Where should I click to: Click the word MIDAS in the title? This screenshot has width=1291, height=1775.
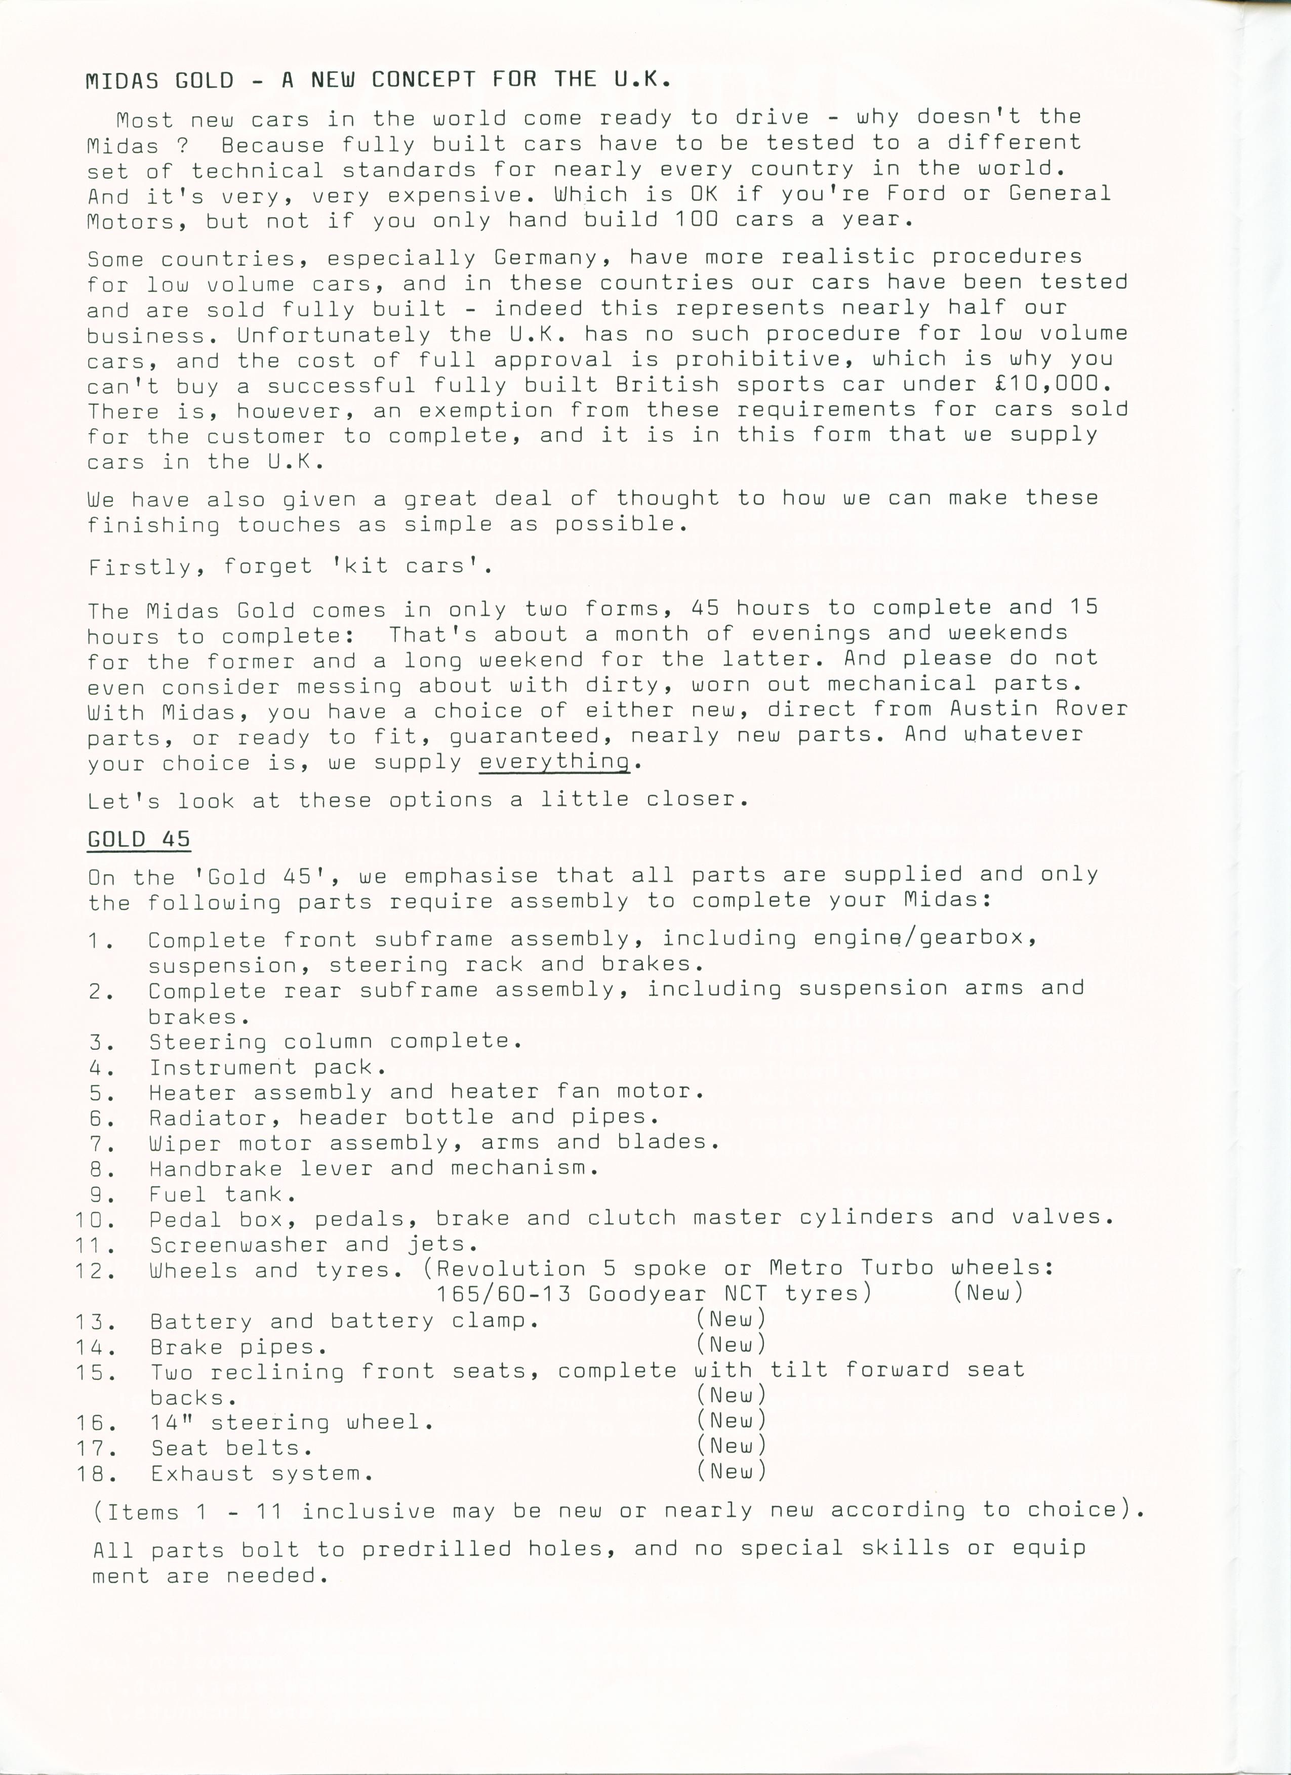[x=122, y=80]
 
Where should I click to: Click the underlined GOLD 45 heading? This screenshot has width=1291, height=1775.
[x=139, y=839]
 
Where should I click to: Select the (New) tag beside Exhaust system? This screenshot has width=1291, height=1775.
[x=731, y=1471]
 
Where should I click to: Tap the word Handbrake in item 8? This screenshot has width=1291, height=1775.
[x=215, y=1169]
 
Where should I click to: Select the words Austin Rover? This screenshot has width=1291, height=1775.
[x=1039, y=708]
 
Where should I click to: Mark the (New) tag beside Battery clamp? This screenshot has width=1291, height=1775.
[x=731, y=1319]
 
